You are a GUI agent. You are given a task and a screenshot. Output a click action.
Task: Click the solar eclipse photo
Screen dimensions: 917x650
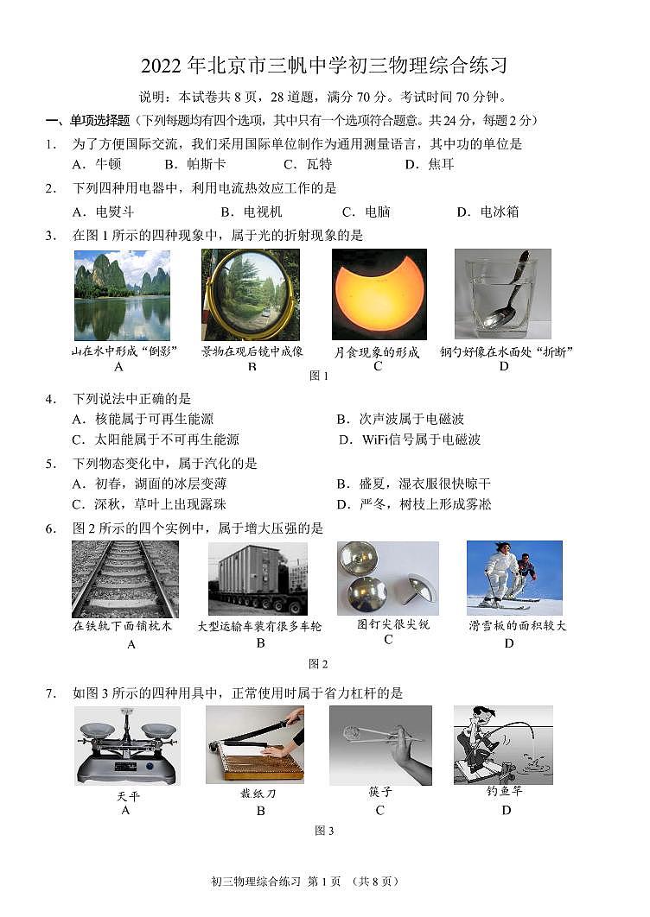(379, 294)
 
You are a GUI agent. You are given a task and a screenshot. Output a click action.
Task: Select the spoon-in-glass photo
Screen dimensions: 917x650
(502, 294)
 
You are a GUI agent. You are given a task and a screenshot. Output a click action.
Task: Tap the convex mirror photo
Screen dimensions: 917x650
(250, 294)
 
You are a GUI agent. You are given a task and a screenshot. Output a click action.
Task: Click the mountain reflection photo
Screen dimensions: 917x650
(122, 294)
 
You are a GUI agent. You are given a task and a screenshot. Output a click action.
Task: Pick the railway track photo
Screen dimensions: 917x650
(124, 579)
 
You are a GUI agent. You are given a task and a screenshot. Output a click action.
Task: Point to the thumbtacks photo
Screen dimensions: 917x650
(387, 578)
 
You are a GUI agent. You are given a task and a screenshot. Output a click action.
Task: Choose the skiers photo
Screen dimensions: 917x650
(513, 578)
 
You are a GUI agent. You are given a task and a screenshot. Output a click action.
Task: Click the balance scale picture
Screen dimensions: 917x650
(127, 745)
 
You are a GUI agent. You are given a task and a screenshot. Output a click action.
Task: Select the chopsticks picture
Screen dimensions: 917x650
(380, 745)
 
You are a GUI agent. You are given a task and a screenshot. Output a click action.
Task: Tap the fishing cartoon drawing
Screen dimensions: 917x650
(503, 744)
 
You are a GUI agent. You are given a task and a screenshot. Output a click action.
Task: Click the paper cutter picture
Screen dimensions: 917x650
(255, 744)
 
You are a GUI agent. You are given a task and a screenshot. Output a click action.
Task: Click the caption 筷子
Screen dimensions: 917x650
(380, 792)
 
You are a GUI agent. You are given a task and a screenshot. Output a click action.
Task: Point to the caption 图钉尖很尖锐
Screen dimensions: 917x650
(393, 624)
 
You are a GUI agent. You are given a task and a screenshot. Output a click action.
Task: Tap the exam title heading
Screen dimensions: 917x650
(324, 66)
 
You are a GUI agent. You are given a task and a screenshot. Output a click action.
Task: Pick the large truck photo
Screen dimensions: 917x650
(258, 579)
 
